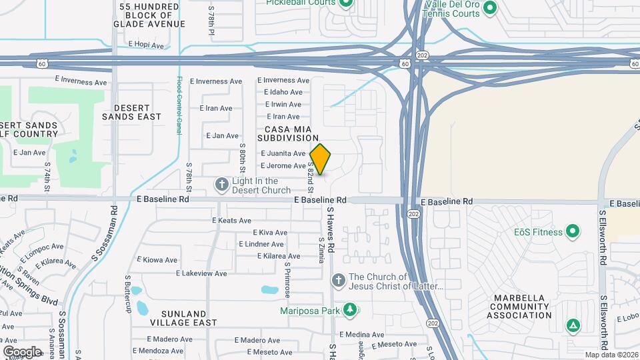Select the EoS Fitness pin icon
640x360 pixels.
tap(573, 232)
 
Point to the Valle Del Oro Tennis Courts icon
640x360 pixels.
tap(490, 8)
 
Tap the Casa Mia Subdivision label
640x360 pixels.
tap(292, 133)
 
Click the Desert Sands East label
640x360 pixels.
tap(132, 112)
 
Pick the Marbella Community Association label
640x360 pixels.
tap(523, 307)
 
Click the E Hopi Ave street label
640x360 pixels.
tap(146, 45)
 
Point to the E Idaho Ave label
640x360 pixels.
tap(285, 92)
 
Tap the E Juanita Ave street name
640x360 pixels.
tap(283, 153)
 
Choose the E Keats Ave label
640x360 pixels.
tap(231, 221)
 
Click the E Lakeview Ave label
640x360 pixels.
tap(201, 273)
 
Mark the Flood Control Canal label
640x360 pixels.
tap(179, 106)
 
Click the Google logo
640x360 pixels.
tap(21, 351)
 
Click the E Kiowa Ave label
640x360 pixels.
tap(158, 260)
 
